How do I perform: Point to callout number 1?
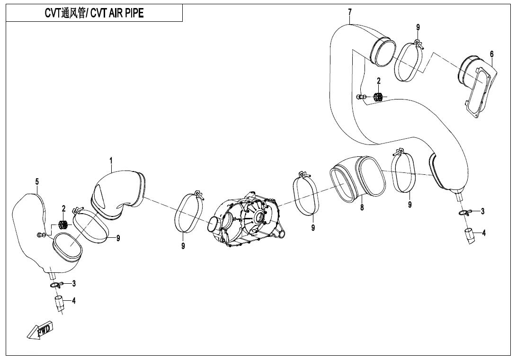[x=111, y=161]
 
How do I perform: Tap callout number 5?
[x=37, y=181]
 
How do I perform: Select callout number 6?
[x=491, y=54]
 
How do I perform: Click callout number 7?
[x=349, y=12]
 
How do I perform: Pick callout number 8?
[x=362, y=207]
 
